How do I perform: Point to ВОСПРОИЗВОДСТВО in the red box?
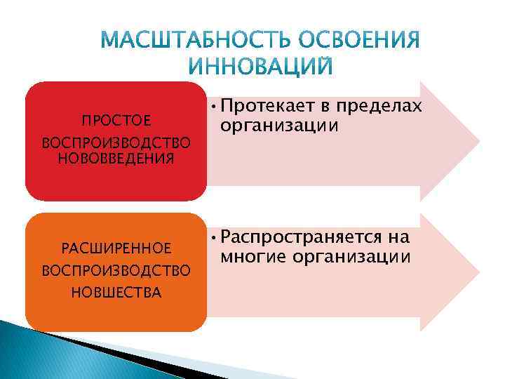(116, 142)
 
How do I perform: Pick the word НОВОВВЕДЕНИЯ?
(116, 157)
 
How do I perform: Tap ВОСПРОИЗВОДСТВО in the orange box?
(116, 270)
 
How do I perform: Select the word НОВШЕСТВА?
(116, 292)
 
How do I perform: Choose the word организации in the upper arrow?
(278, 126)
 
